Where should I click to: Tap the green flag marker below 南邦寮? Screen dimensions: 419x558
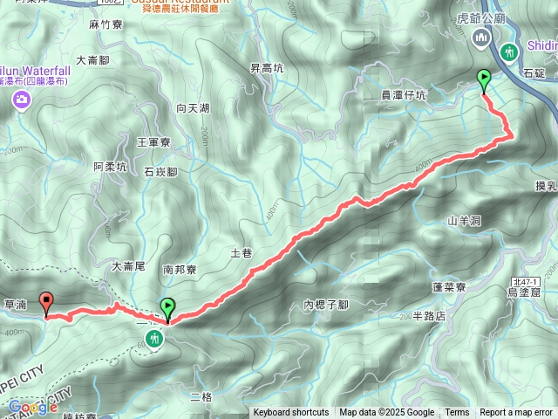[x=167, y=308]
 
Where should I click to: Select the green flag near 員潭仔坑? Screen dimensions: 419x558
[x=484, y=81]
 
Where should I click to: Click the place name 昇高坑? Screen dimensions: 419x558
[x=267, y=68]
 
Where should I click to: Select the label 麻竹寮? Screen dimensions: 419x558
[x=104, y=26]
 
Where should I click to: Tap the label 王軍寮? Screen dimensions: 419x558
[x=153, y=141]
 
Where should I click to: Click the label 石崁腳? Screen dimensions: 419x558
[x=160, y=172]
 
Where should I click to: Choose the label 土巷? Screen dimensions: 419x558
[x=241, y=253]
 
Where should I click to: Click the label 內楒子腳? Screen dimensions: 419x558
[x=325, y=305]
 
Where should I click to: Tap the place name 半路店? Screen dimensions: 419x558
[x=429, y=316]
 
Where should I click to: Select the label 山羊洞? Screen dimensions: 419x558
[x=464, y=222]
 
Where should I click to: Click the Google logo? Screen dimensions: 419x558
[x=32, y=407]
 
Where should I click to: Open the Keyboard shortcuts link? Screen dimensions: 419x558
[x=291, y=413]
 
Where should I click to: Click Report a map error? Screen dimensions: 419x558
[x=516, y=413]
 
